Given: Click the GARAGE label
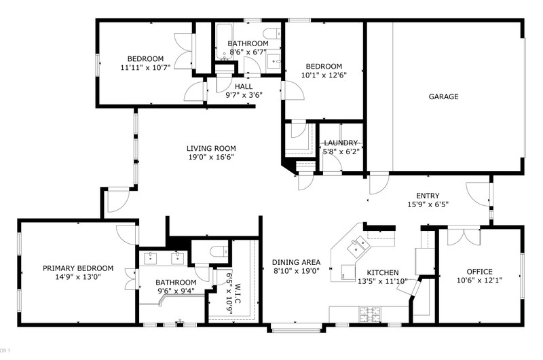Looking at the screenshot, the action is point(443,96).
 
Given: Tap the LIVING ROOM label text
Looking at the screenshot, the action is point(211,149).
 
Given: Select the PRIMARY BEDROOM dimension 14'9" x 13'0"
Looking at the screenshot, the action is point(78,277).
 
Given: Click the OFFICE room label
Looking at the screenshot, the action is point(479,272).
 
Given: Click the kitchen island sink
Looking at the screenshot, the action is point(358,246).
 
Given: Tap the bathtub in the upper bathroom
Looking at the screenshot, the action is point(225,42).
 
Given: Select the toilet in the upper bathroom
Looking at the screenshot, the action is point(272,33).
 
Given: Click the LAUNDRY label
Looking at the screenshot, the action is point(341,143).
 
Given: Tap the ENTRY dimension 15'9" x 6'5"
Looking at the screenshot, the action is point(428,204).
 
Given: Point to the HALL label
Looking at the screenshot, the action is point(244,87).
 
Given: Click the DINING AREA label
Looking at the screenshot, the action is point(296,262).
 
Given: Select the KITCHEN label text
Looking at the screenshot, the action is point(383,272).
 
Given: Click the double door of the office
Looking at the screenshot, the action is point(464,236).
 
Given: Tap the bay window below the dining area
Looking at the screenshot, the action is point(296,329).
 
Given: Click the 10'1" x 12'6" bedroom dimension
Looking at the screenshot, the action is point(324,75).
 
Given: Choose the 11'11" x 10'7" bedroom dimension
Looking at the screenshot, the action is point(145,67).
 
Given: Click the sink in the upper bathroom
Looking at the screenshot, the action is point(274,61).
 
